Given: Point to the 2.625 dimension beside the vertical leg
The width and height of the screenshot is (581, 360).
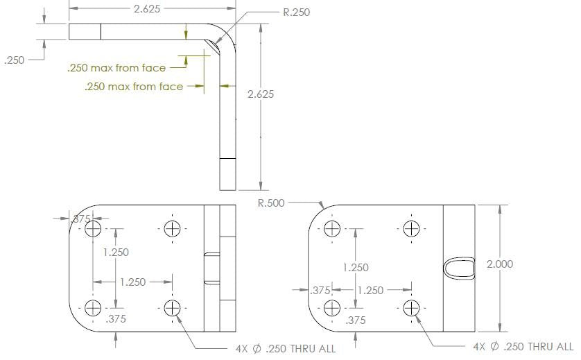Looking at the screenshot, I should click(x=261, y=94).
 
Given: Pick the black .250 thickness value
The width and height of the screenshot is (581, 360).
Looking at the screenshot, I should click(x=15, y=60).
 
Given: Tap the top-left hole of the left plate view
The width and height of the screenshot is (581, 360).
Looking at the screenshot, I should click(x=93, y=228).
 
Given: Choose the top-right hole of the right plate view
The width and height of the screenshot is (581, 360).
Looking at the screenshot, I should click(x=411, y=228).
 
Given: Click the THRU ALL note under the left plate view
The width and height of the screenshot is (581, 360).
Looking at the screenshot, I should click(x=286, y=348).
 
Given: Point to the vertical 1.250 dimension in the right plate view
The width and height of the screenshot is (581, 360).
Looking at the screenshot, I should click(x=355, y=267).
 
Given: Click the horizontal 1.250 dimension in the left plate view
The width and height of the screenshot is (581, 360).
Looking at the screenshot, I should click(x=132, y=282).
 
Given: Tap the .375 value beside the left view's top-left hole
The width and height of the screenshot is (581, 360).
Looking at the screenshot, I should click(x=82, y=218).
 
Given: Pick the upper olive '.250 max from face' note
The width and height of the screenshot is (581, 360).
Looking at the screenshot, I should click(x=116, y=68).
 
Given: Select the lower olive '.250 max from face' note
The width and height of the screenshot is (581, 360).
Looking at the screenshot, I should click(x=134, y=87).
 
